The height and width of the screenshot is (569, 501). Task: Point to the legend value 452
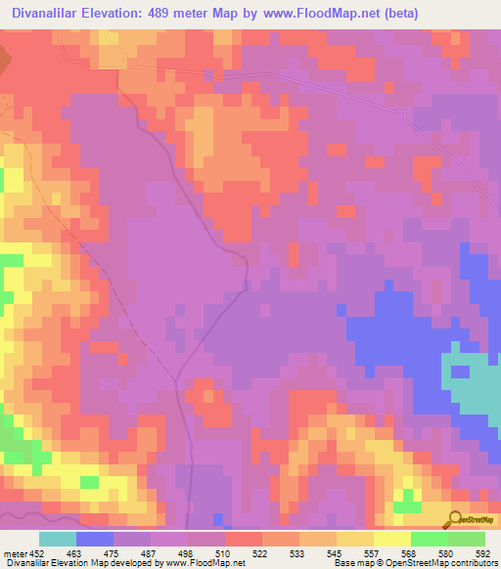tap(38, 552)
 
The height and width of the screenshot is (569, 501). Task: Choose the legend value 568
tap(407, 552)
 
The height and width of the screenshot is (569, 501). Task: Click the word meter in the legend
tap(14, 552)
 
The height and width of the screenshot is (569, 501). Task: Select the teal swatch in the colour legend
tap(58, 539)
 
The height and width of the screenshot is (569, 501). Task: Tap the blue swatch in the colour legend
tap(95, 539)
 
